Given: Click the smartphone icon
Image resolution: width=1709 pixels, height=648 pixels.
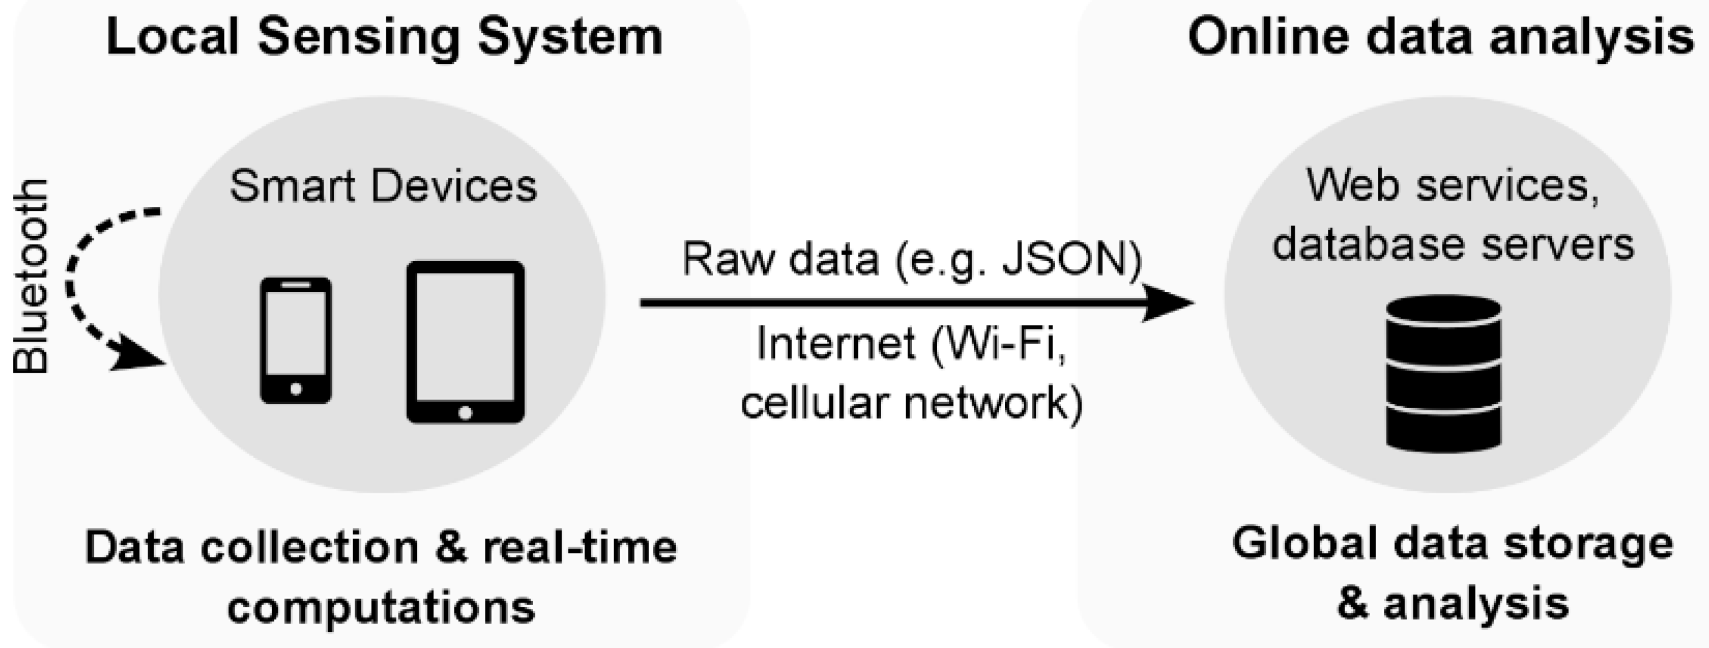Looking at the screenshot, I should tap(295, 340).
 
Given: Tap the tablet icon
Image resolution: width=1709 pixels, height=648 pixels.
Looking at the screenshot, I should tap(465, 342).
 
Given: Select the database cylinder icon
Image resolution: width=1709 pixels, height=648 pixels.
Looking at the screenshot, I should tap(1444, 373).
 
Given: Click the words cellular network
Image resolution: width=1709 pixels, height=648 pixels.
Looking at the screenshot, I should tap(911, 402).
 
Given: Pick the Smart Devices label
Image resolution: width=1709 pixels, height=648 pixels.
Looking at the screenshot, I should tap(383, 186).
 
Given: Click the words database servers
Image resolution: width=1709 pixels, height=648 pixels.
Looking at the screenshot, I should tap(1453, 244).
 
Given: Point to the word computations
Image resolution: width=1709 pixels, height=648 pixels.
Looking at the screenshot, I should tap(381, 607).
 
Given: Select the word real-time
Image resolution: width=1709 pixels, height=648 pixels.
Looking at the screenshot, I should tap(580, 548).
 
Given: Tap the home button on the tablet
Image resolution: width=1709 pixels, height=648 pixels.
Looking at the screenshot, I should tap(465, 413).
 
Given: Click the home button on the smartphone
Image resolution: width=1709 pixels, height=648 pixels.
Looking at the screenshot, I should tap(296, 390).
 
